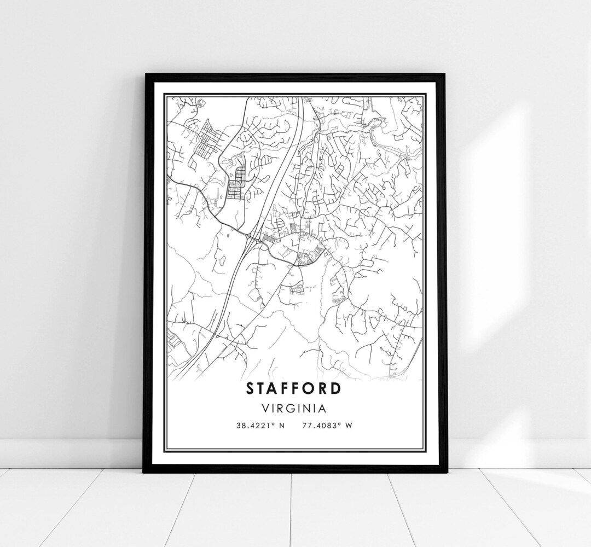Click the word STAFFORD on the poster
(294, 388)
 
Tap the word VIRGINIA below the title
(294, 408)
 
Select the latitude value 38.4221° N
(259, 424)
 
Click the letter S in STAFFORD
(251, 388)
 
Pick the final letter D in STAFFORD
(336, 388)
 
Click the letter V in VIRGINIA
(266, 408)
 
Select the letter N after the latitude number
(282, 424)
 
